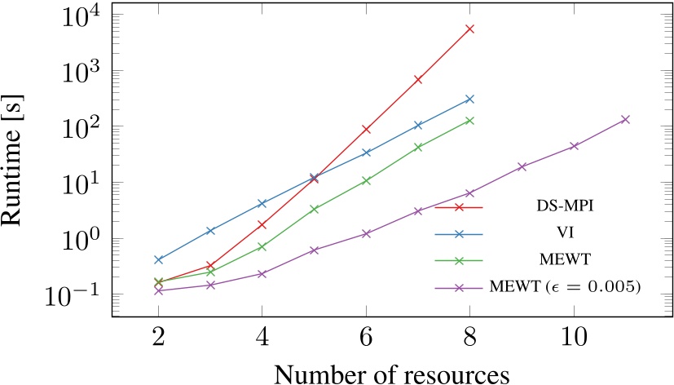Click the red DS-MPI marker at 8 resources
[469, 29]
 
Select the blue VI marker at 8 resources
[469, 99]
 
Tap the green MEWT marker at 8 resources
[469, 121]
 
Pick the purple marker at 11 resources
[626, 119]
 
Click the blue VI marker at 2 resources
[158, 259]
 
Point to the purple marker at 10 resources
[574, 146]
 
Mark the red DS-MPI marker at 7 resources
[417, 79]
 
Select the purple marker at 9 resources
[522, 166]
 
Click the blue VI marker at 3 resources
[210, 231]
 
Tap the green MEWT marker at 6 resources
[366, 180]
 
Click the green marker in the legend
[459, 261]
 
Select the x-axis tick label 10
[574, 338]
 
